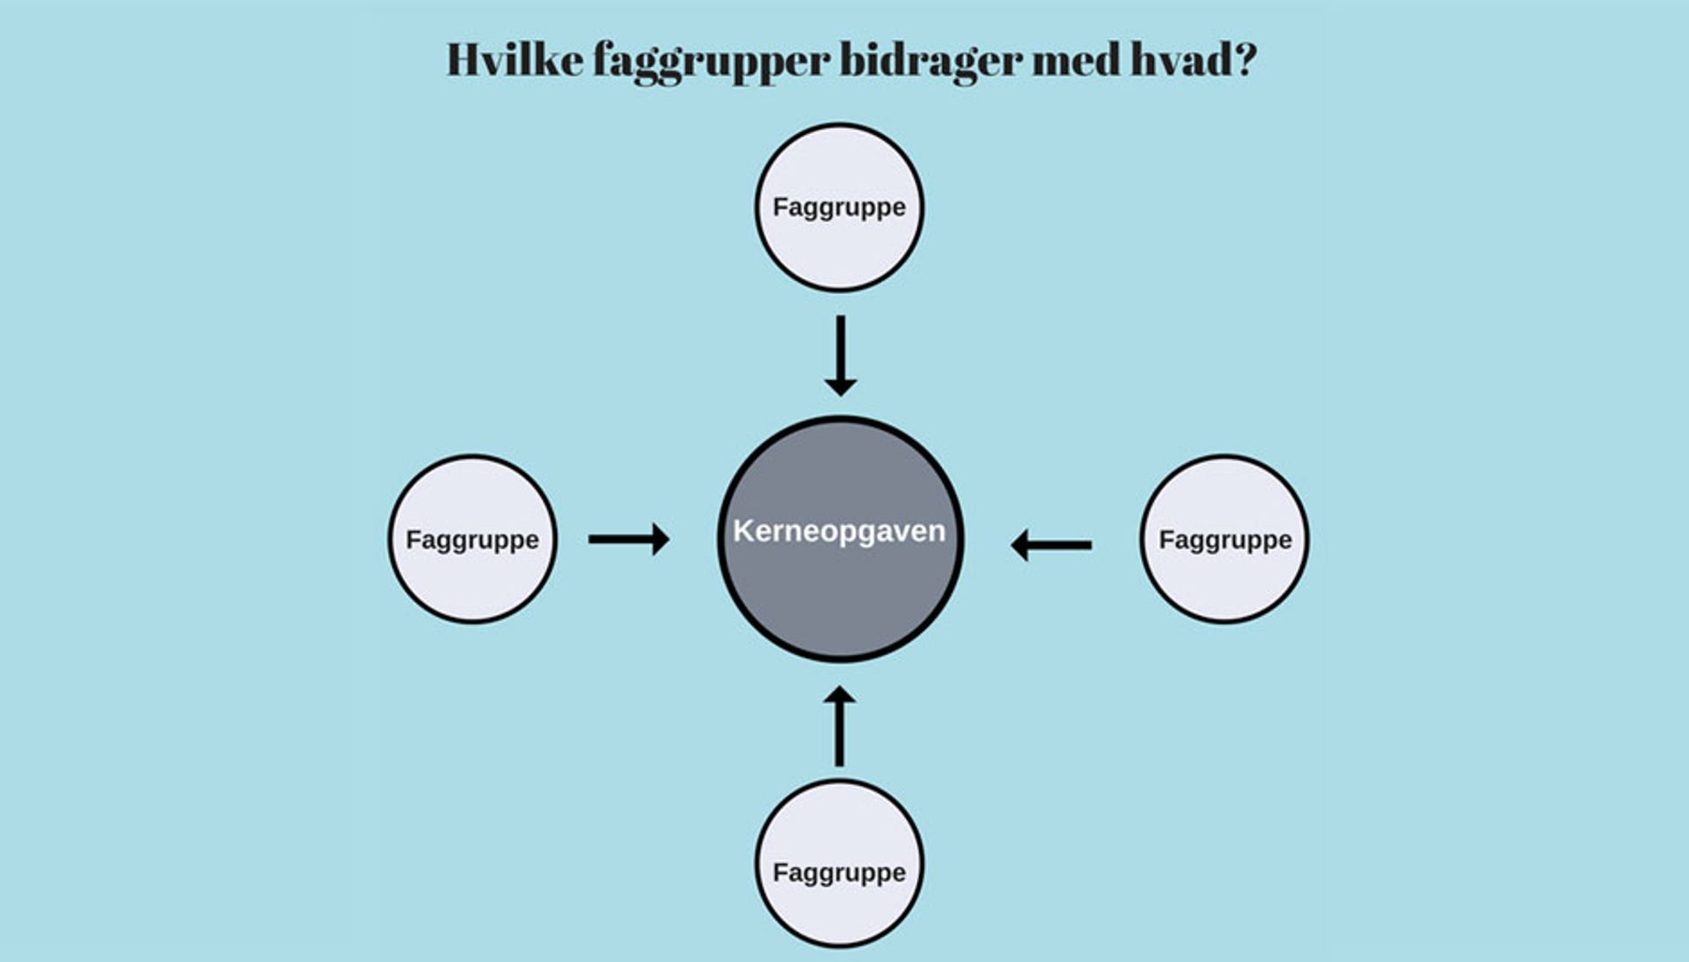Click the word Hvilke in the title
515,60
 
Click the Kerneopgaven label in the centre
839,531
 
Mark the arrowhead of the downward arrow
841,386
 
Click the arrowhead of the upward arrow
839,697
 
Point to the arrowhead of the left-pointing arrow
1020,545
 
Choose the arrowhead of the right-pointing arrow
661,539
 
